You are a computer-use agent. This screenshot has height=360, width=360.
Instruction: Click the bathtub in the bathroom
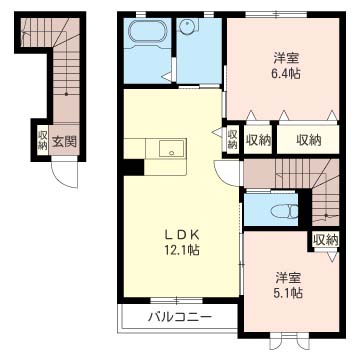click(145, 34)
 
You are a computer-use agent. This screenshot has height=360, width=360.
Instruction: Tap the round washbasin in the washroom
click(187, 26)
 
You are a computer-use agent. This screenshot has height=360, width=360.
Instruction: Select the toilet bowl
click(284, 211)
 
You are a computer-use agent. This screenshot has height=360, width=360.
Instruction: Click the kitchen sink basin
click(171, 148)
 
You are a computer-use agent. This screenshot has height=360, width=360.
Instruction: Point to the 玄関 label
click(63, 142)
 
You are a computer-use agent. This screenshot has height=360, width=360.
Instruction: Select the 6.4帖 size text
click(285, 73)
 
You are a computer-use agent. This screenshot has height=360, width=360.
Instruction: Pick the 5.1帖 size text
click(287, 292)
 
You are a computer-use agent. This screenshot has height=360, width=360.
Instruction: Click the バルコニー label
click(180, 315)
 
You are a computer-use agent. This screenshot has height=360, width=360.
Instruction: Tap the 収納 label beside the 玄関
click(42, 140)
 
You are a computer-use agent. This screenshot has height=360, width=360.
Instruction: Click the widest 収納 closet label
click(309, 140)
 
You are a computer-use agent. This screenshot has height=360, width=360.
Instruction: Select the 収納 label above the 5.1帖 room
click(326, 239)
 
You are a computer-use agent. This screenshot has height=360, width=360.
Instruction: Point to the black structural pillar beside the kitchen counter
click(134, 167)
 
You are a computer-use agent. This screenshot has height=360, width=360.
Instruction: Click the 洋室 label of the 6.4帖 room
click(286, 59)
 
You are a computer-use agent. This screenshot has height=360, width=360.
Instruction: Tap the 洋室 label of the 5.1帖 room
click(288, 277)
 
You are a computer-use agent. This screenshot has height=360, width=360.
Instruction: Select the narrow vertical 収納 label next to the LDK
click(233, 139)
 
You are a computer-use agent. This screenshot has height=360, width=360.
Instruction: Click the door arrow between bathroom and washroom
click(167, 77)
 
